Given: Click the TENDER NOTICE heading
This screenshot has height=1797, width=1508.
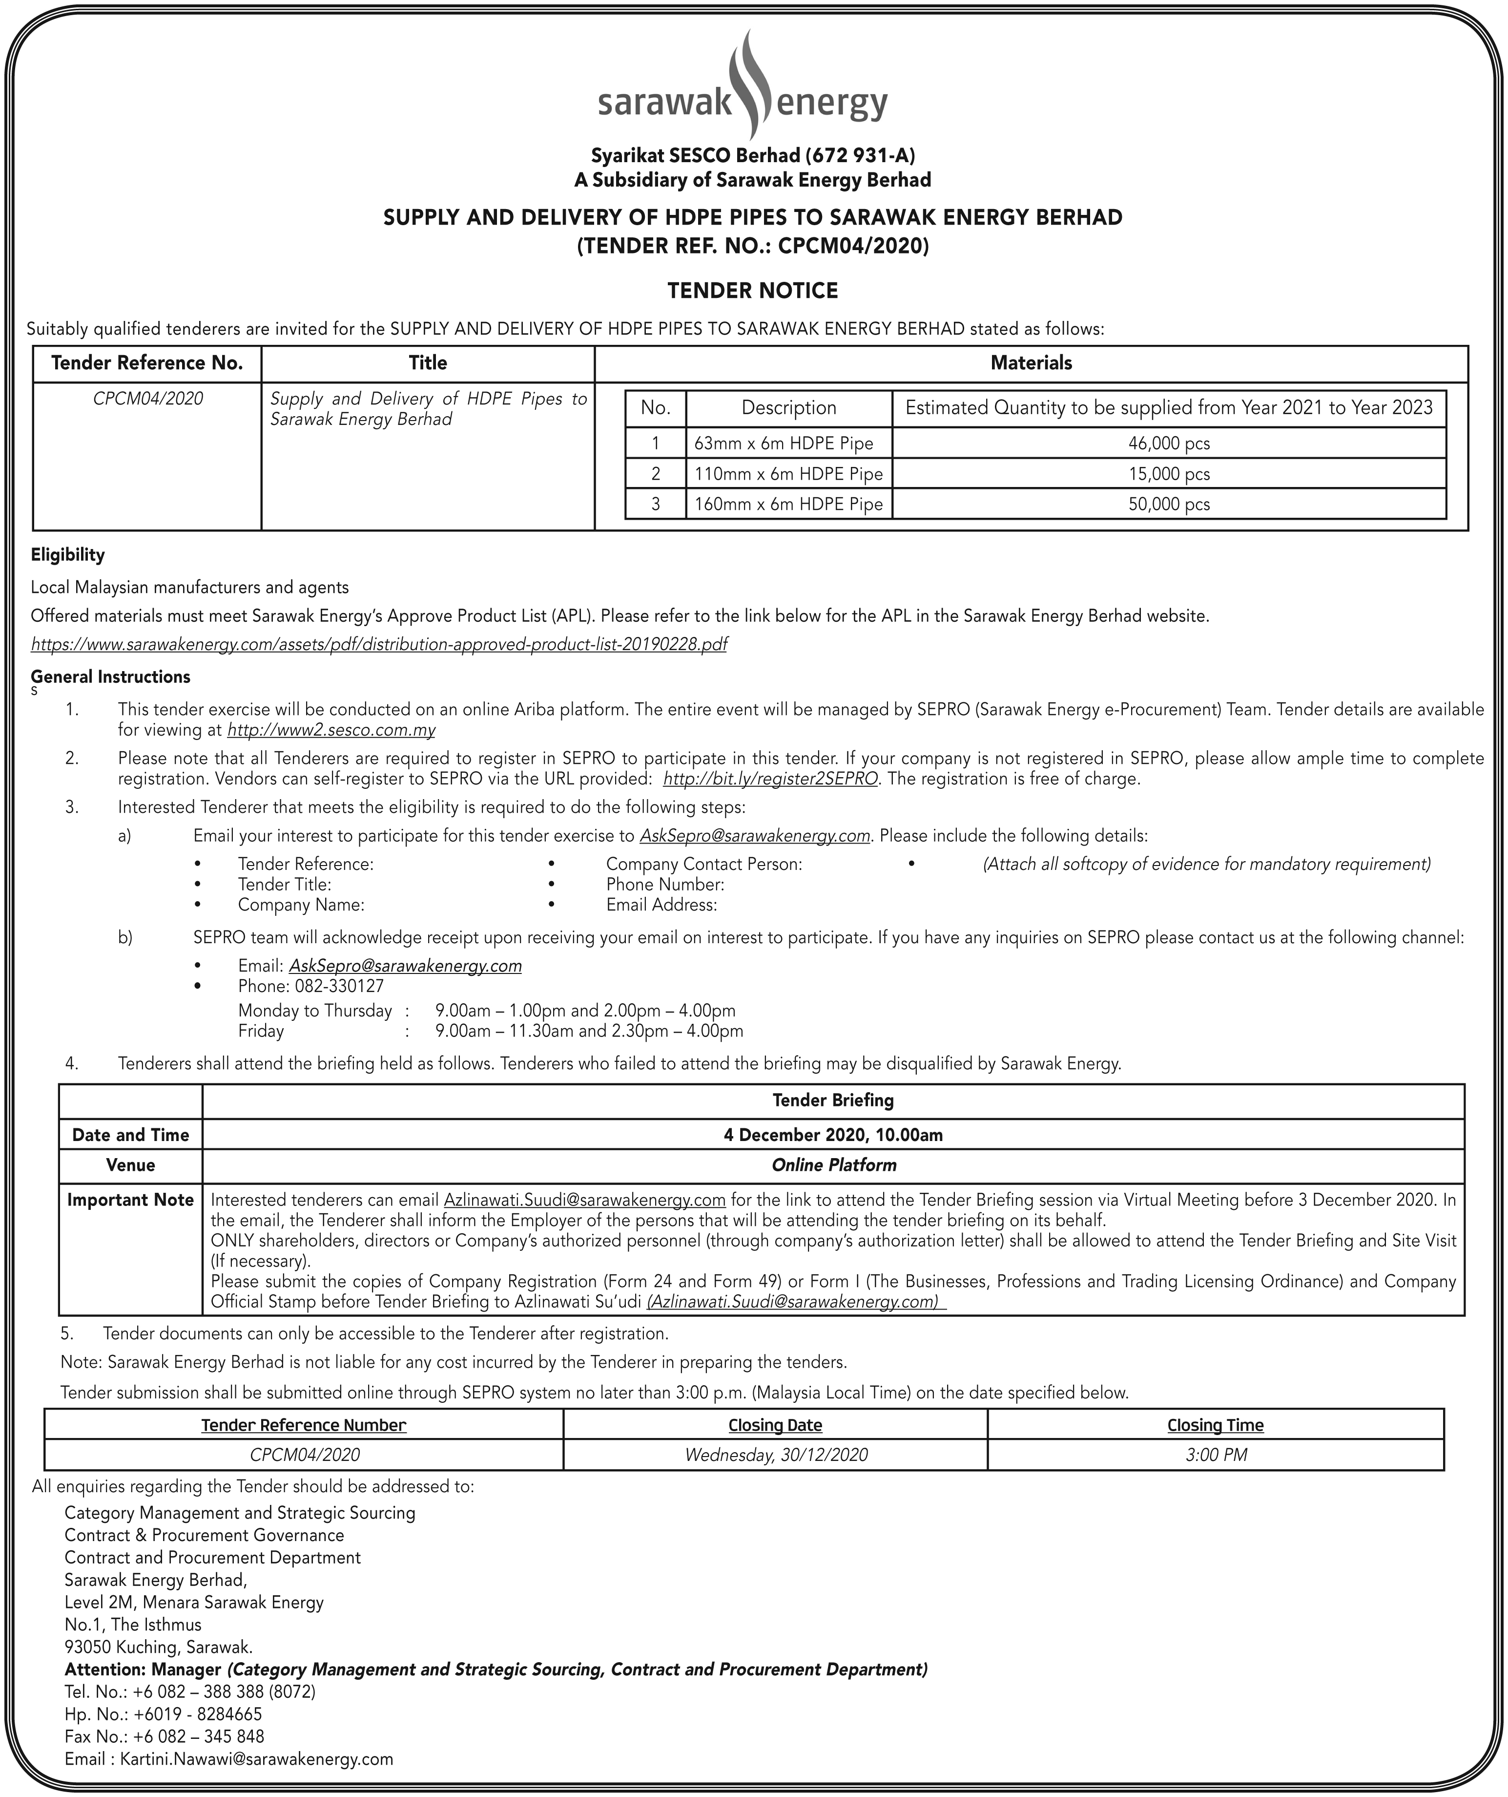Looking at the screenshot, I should tap(753, 291).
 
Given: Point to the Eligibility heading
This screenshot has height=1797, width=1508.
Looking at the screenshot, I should tap(67, 554).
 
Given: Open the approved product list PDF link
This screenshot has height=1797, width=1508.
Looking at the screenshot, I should tap(379, 643).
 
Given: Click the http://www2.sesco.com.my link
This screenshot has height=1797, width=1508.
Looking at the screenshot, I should tap(331, 730).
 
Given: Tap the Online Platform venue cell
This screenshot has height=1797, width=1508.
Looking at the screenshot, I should tap(833, 1164).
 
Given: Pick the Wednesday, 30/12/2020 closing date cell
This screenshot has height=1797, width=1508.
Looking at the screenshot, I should tap(776, 1455).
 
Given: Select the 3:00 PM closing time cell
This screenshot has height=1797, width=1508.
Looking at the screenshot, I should tap(1216, 1455).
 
